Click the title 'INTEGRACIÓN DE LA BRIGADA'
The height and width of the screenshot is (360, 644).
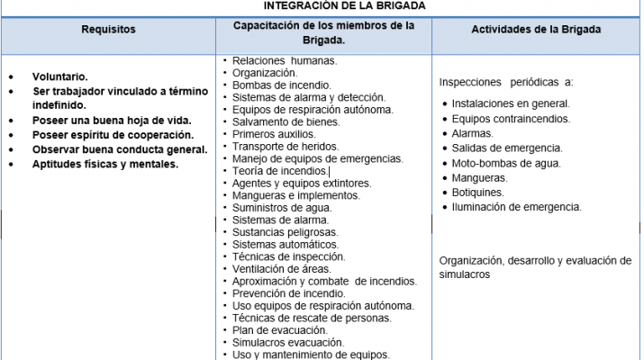tap(322, 5)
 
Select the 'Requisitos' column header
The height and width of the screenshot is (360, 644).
tap(108, 30)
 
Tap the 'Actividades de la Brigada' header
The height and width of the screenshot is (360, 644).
tap(536, 30)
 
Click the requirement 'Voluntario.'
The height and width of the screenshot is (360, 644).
tap(60, 77)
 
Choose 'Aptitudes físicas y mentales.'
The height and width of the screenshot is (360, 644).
tap(105, 164)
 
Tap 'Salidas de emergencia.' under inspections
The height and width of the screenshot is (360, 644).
tap(507, 148)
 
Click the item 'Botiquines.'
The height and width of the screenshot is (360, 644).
tap(478, 193)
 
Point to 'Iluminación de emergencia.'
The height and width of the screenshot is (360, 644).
tap(516, 207)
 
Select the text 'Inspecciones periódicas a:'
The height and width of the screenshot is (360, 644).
tap(505, 82)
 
